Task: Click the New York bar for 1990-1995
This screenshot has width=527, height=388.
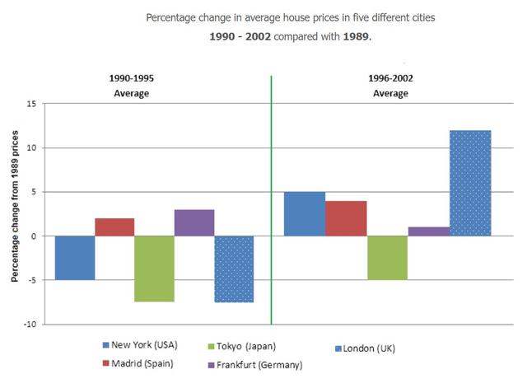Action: coord(75,258)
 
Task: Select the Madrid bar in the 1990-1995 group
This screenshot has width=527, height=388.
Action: coord(114,227)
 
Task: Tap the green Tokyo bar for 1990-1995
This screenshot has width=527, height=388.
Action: coord(154,269)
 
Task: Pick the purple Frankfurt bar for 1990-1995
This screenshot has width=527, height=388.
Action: coord(194,222)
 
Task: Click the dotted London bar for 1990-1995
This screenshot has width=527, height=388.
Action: coord(234,269)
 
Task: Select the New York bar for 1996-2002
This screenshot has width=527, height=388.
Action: coord(305,214)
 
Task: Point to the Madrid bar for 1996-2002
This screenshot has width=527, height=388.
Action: coord(346,218)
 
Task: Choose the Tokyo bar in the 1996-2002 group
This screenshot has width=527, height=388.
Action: coord(387,258)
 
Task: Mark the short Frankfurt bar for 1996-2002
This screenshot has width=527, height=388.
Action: coord(429,231)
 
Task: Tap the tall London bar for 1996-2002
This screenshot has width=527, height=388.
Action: coord(470,183)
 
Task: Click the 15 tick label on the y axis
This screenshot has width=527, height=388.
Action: coord(31,104)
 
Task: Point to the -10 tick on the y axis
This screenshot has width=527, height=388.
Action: coord(30,324)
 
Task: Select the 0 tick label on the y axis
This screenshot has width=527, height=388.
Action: coord(34,236)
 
